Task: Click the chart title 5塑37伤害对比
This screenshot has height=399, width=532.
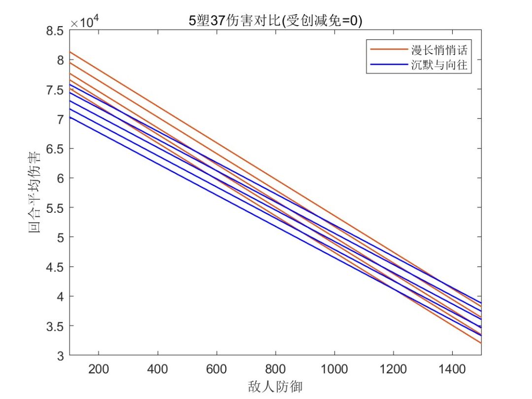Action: (275, 21)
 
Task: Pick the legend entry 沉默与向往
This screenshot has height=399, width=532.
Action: (438, 66)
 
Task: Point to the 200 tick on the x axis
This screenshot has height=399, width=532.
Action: (99, 369)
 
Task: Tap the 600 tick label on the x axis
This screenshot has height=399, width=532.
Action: (216, 369)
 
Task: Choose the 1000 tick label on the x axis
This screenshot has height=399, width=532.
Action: (334, 369)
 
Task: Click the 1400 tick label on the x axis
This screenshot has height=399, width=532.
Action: (452, 369)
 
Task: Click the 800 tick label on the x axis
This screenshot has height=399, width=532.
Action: (275, 369)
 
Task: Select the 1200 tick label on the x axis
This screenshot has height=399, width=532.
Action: (393, 369)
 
